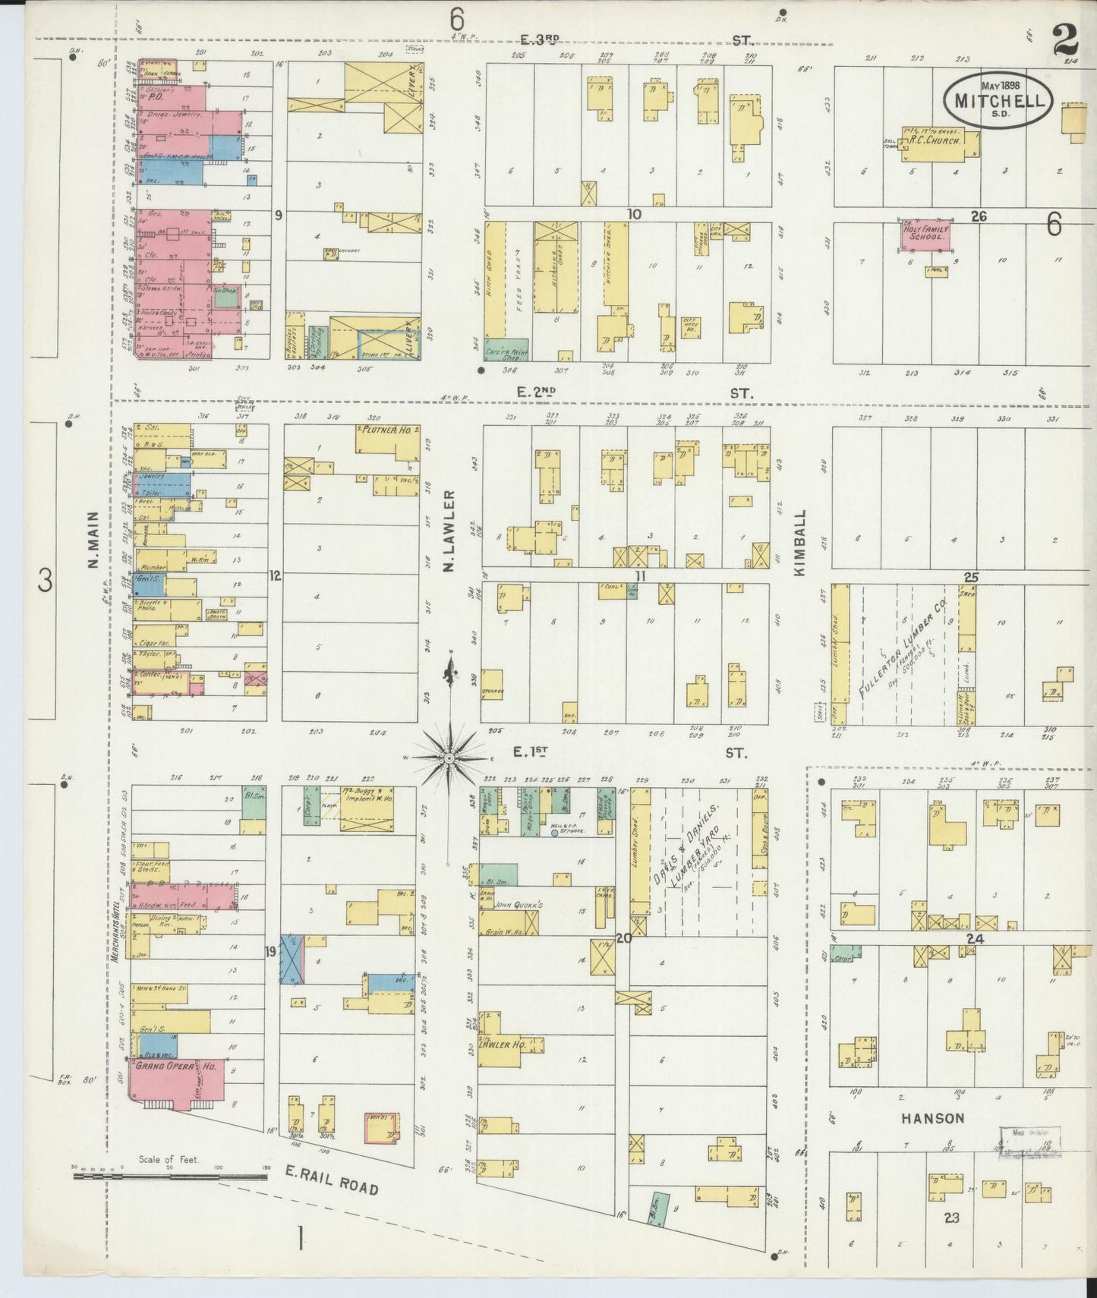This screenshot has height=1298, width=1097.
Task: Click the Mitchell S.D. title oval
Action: pos(998,100)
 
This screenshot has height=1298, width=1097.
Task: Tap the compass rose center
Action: pos(449,758)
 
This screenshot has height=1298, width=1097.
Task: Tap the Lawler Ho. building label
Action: pos(497,1044)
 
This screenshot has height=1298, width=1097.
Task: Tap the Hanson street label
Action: pos(933,1117)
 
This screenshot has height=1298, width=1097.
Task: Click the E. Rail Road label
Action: pos(331,1181)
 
